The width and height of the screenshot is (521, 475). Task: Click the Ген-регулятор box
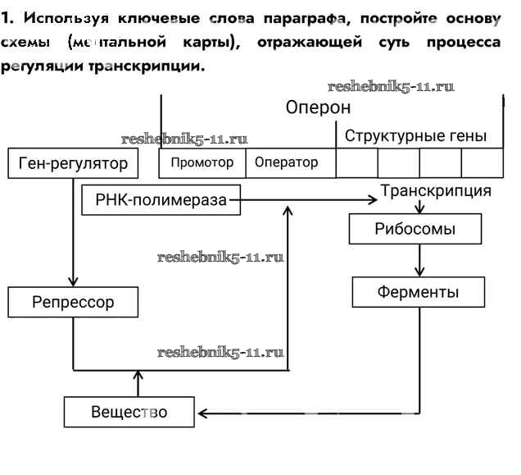73,163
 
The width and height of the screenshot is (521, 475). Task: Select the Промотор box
202,162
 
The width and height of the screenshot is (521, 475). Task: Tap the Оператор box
286,162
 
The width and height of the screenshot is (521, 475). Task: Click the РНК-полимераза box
161,199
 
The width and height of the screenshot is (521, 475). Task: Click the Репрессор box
73,302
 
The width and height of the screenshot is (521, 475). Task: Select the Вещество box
129,411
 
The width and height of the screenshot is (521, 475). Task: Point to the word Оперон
318,107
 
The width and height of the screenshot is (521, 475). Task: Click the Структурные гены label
415,135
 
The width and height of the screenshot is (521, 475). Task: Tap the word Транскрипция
436,191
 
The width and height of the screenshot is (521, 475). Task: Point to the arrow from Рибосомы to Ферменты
420,260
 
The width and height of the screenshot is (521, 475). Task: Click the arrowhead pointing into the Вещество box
202,411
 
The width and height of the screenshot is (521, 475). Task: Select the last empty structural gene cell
482,162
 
